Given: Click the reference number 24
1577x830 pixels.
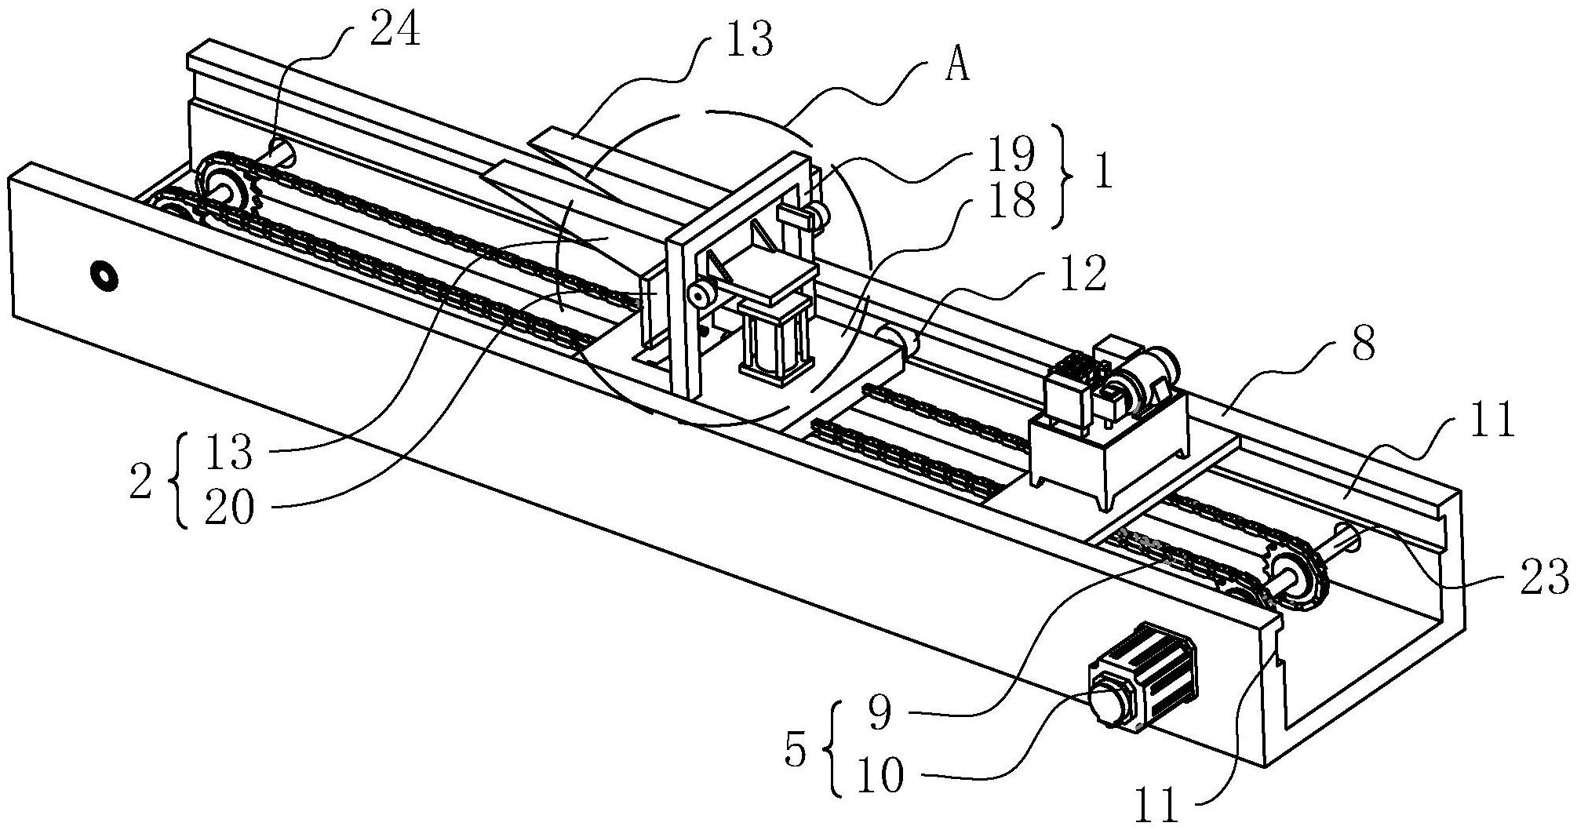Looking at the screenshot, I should (393, 33).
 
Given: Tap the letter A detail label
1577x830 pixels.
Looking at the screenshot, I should (956, 67).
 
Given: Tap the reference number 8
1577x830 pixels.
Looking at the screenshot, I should (1364, 343).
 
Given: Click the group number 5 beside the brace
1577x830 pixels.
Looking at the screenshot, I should (795, 752).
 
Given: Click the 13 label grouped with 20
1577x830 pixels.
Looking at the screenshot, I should (229, 453).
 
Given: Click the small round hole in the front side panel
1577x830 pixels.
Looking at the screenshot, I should (104, 275).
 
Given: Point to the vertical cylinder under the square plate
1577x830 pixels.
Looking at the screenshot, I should (774, 342).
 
